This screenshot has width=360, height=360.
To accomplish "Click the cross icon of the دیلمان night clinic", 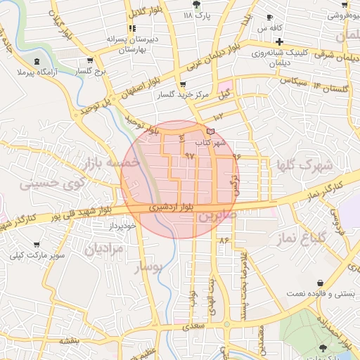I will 279,41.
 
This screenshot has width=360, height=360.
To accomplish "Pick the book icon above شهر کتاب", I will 211,131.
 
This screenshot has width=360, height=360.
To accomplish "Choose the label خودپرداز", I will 121,226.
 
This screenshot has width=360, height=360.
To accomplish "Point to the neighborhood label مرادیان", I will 104,248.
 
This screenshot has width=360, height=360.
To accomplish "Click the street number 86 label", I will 224,240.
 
